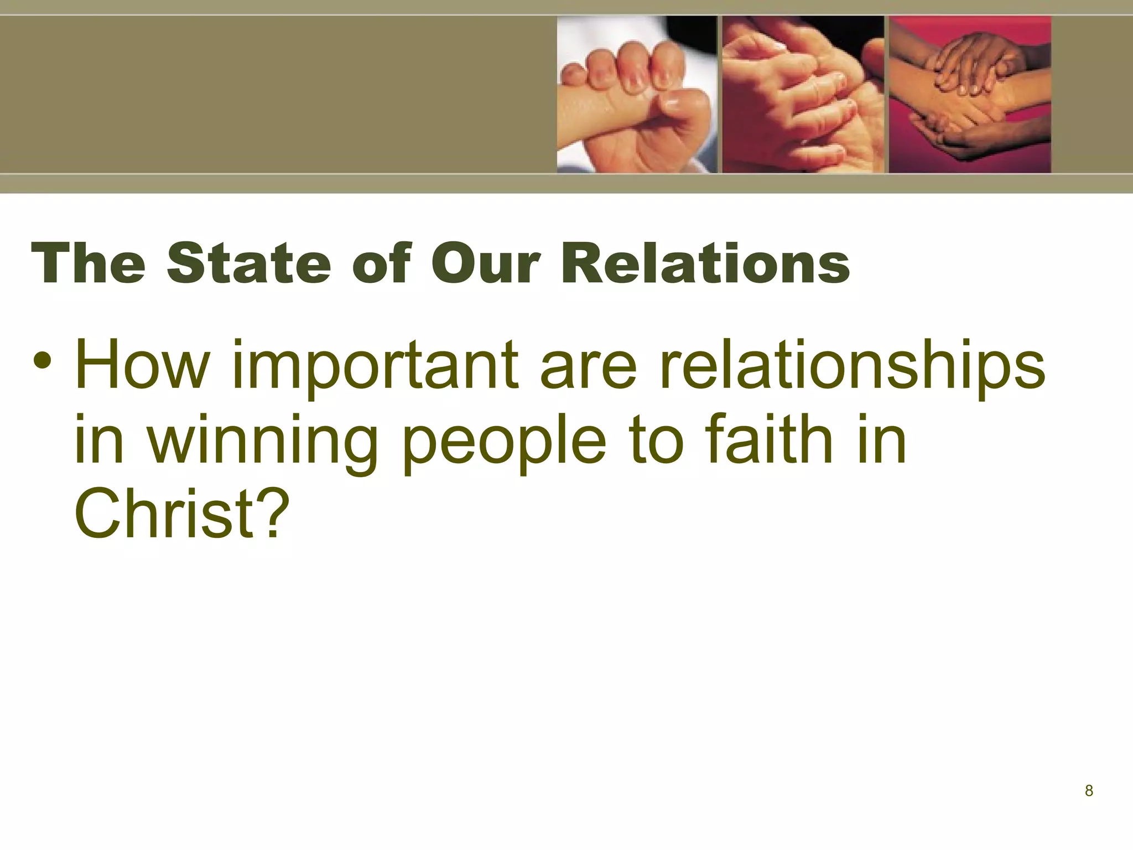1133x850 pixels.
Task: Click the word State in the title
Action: (x=248, y=264)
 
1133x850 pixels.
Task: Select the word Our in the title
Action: (x=485, y=264)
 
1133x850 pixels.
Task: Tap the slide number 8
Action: (x=1089, y=791)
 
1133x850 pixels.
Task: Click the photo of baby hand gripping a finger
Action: (x=636, y=95)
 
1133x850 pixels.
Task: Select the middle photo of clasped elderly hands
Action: (x=803, y=95)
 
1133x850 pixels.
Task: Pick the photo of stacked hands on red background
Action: (x=969, y=95)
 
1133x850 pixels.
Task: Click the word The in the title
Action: (x=89, y=264)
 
